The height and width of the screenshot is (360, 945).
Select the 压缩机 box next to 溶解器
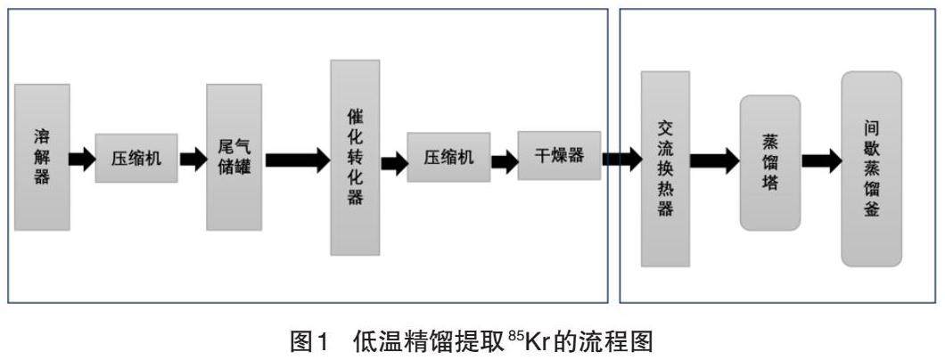point(136,159)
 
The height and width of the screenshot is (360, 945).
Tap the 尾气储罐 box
point(234,158)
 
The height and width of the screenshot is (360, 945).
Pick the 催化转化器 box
point(355,158)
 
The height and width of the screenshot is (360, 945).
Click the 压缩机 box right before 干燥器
point(448,158)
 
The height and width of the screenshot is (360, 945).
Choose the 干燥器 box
point(559,156)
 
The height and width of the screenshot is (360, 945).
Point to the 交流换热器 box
point(665,169)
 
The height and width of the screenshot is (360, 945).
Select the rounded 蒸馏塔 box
point(769,163)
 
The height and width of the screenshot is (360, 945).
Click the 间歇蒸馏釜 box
point(871,169)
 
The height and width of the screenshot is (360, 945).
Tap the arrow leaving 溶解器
point(82,160)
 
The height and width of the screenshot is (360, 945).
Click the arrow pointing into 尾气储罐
point(193,160)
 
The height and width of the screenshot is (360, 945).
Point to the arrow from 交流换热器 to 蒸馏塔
point(714,161)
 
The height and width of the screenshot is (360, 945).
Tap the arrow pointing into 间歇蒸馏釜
point(820,161)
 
